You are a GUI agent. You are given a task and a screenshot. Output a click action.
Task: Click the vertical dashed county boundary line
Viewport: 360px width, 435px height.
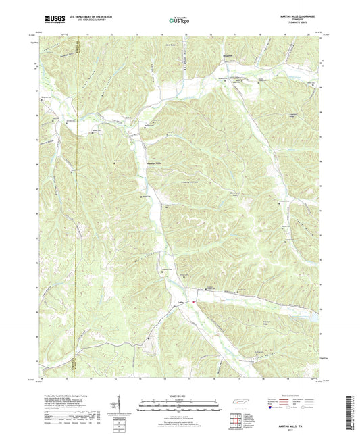(x=78, y=203)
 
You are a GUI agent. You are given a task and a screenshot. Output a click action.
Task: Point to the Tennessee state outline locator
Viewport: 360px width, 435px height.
(x=238, y=403)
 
